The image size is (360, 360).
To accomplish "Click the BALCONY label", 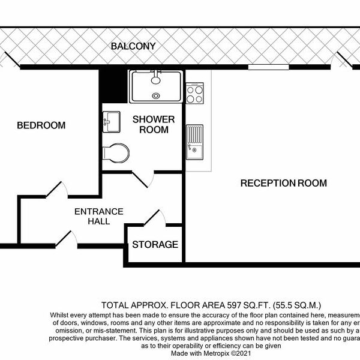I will click(x=133, y=46).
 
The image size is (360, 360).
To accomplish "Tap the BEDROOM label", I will click(x=41, y=125).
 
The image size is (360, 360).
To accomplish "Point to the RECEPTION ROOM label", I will click(x=283, y=183).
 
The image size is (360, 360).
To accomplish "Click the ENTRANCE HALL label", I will click(x=99, y=216).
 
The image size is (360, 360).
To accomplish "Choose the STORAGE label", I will click(x=155, y=245).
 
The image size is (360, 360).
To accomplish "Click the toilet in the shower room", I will click(x=116, y=152).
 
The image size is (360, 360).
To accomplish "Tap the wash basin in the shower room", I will click(x=112, y=122).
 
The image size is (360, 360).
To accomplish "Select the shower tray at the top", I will click(x=156, y=86).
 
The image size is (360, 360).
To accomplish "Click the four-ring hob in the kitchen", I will click(x=195, y=94).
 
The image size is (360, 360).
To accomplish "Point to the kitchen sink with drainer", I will click(x=194, y=142).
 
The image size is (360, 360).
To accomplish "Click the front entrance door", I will click(x=67, y=240).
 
